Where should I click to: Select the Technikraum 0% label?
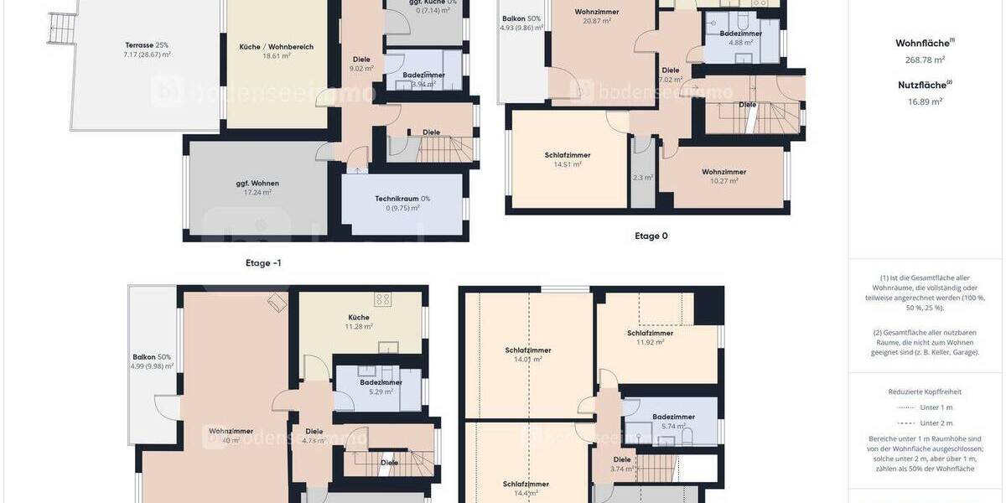[402, 199]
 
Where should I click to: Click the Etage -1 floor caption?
[263, 262]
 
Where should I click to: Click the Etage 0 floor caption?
[651, 236]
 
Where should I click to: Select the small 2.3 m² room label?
[643, 178]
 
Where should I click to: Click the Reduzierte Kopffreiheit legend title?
[925, 392]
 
